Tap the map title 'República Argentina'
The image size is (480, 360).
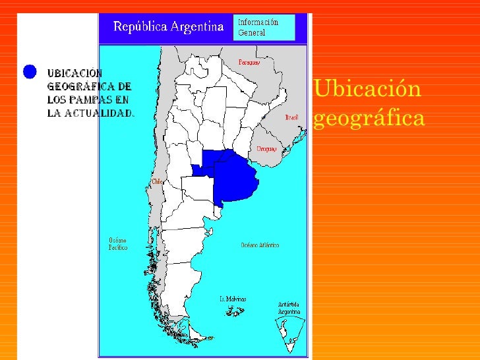[169, 27]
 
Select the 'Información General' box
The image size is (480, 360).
[264, 27]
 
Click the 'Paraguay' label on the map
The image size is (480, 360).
[249, 63]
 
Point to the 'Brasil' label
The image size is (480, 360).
[291, 117]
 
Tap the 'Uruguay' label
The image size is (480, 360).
[267, 149]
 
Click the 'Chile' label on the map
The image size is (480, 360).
[158, 181]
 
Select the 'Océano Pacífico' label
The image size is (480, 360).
[118, 244]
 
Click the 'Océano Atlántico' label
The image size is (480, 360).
[259, 245]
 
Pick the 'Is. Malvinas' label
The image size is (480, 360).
[233, 299]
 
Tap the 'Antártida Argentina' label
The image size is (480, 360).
[289, 308]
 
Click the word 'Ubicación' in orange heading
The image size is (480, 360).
[367, 89]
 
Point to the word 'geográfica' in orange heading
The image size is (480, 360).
[369, 119]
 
